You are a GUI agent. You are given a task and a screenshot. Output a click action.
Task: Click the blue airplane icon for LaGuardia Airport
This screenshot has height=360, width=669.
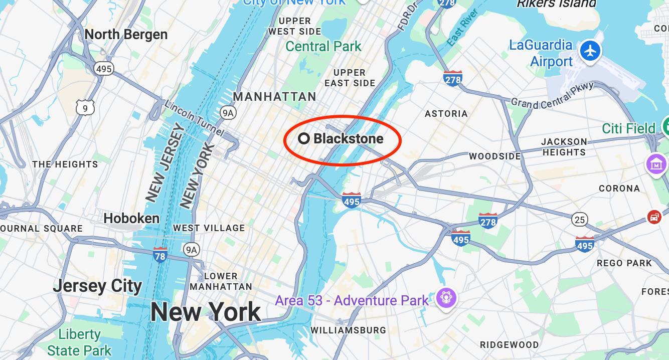[591, 51]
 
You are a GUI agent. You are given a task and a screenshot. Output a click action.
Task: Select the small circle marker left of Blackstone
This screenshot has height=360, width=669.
[304, 139]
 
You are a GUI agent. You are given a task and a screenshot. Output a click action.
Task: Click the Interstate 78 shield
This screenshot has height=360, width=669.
[160, 255]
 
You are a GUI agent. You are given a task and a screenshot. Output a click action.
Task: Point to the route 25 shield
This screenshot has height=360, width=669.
[579, 219]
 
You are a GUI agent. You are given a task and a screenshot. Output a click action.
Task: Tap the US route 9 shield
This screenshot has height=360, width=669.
[85, 108]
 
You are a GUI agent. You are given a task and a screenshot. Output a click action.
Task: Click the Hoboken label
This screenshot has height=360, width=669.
[131, 218]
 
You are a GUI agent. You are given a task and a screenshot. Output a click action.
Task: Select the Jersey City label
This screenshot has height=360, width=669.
[97, 286]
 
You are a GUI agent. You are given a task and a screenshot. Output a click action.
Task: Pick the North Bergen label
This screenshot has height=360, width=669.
[126, 34]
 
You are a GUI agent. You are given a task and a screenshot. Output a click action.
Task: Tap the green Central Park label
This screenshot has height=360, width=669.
[323, 47]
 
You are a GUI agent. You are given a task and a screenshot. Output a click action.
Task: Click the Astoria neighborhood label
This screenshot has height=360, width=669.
[446, 114]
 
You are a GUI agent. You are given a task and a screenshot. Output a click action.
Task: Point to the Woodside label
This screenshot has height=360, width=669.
[494, 156]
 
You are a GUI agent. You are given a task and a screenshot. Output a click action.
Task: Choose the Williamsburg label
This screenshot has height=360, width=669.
[348, 330]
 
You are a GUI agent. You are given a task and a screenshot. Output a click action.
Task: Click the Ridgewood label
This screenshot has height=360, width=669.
[509, 345]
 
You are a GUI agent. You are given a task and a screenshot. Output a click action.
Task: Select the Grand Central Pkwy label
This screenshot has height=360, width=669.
[552, 96]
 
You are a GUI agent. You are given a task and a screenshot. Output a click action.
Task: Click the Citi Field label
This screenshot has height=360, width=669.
[628, 128]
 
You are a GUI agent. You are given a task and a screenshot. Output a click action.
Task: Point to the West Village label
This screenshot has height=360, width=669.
[209, 228]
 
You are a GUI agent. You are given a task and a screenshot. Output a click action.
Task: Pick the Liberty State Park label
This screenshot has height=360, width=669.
[79, 341]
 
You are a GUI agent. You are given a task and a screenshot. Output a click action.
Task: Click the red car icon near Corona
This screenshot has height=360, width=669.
[654, 217]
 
